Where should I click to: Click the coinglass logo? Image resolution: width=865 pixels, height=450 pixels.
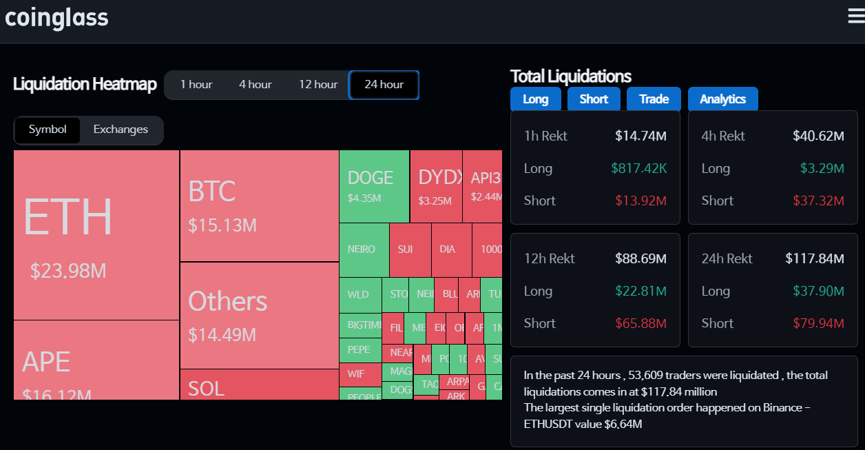[x=56, y=18]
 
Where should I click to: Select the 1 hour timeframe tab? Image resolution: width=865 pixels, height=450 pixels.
[x=196, y=85]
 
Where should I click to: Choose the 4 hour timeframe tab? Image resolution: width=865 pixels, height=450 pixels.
[x=256, y=85]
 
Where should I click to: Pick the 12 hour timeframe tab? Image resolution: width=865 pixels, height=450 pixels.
[x=318, y=85]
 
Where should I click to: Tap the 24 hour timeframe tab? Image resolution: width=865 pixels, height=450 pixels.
[x=384, y=85]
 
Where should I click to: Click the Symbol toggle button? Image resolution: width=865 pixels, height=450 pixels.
[x=48, y=130]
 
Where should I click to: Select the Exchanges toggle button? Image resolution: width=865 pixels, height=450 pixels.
[x=121, y=130]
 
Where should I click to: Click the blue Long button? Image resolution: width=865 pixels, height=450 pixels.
[x=536, y=99]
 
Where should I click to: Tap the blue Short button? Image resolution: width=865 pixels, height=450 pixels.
[x=594, y=99]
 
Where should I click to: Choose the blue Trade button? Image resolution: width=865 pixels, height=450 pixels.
[x=654, y=99]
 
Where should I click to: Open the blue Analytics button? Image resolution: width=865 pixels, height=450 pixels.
[x=722, y=99]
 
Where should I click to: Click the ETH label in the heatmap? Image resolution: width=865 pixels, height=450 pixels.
[x=67, y=216]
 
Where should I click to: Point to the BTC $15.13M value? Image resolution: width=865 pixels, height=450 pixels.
[x=222, y=225]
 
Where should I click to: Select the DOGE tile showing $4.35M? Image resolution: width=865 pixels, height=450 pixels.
[x=374, y=186]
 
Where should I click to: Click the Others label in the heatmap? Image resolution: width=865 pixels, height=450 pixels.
[x=227, y=302]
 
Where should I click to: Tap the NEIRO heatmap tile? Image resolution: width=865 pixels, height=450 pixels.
[x=362, y=249]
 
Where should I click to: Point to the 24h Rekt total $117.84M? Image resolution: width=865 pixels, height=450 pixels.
[x=815, y=258]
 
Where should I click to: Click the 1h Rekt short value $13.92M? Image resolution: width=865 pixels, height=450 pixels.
[x=640, y=201]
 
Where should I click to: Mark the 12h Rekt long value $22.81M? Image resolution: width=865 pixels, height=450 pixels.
[x=640, y=291]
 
